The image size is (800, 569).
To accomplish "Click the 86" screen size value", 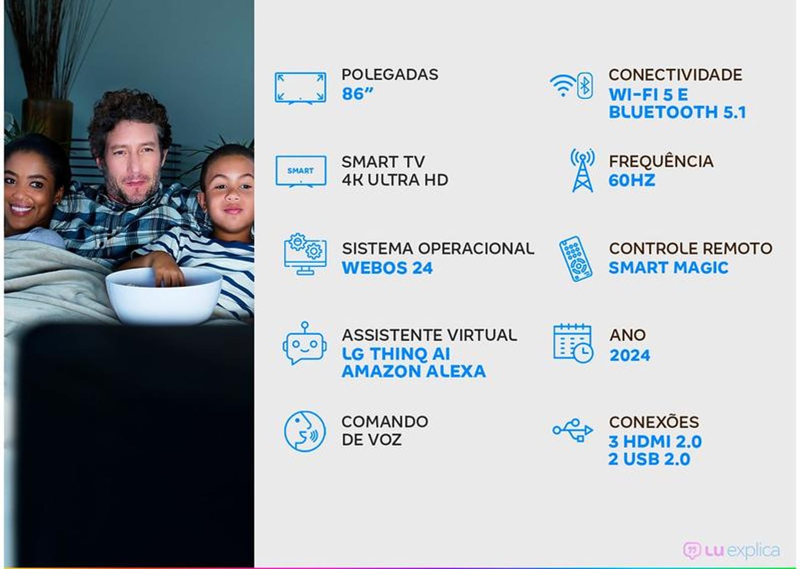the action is click(357, 94).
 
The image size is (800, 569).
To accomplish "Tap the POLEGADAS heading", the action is click(390, 74).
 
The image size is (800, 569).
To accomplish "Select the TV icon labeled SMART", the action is click(301, 171).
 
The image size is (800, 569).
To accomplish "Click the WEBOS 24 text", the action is click(387, 268).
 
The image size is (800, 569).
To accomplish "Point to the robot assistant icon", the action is click(304, 343).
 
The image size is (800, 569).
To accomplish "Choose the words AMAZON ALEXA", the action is click(414, 371).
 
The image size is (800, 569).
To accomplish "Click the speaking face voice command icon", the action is click(304, 431).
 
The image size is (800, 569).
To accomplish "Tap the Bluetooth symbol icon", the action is click(585, 86).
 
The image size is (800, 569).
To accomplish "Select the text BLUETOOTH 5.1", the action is click(677, 112).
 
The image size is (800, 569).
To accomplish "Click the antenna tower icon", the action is click(582, 170).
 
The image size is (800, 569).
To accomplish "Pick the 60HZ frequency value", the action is click(632, 181).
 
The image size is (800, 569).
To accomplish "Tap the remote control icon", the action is click(576, 259).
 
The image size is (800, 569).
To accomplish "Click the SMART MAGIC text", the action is click(668, 268).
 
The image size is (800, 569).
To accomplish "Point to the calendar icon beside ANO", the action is click(573, 344).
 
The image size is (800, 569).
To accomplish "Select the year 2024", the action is click(630, 355).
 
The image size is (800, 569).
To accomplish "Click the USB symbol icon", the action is click(573, 430).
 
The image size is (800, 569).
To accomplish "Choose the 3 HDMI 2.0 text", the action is click(655, 442).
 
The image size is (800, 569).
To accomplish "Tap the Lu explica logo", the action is click(732, 550).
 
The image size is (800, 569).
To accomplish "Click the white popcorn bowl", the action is click(164, 296).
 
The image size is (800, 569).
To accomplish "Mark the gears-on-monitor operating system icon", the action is click(306, 254).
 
